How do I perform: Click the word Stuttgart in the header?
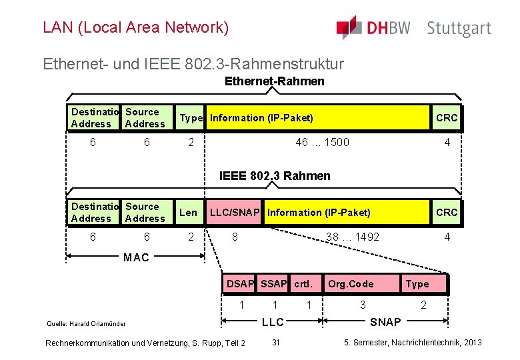tap(459, 29)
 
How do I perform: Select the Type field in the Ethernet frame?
tap(191, 118)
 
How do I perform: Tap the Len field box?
tap(189, 213)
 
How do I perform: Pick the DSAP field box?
tap(241, 284)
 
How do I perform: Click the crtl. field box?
tap(304, 284)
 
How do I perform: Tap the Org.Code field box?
tap(351, 284)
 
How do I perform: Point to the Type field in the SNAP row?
tap(417, 284)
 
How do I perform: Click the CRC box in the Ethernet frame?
tap(446, 118)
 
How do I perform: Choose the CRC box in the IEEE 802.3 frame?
tap(446, 213)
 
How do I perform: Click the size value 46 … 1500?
tap(322, 142)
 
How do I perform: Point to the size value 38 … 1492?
tap(352, 237)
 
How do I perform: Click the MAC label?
tap(136, 258)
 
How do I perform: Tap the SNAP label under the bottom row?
tap(385, 322)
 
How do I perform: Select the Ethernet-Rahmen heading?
tap(275, 81)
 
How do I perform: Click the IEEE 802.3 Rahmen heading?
tap(275, 176)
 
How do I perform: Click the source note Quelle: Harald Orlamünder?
tap(86, 324)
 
